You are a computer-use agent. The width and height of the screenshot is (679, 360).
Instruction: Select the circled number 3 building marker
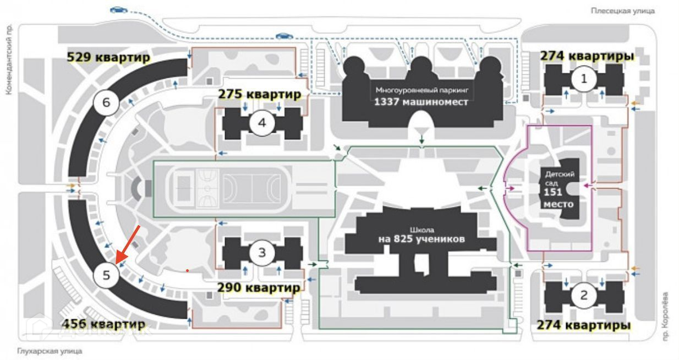click(x=262, y=253)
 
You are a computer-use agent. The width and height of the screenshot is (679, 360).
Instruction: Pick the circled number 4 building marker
click(x=262, y=123)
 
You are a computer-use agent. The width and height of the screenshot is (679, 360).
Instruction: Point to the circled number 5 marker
click(x=107, y=275)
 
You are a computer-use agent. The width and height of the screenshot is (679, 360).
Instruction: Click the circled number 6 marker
click(x=106, y=102)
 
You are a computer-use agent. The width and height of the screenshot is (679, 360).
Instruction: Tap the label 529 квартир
click(x=108, y=57)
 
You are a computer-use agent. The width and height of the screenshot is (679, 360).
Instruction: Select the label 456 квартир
click(x=104, y=324)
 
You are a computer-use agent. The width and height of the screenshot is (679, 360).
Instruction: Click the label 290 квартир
click(x=259, y=287)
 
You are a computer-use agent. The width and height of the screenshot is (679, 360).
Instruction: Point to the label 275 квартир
click(x=260, y=94)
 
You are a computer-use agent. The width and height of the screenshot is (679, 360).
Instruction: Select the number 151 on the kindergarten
click(x=553, y=193)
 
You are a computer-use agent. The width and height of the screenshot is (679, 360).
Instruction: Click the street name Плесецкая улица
click(x=622, y=10)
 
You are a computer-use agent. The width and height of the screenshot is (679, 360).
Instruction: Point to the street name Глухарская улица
click(x=50, y=350)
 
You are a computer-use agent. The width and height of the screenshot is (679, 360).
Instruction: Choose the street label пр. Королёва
click(x=667, y=317)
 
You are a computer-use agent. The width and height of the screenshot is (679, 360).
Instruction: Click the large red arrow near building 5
click(x=129, y=242)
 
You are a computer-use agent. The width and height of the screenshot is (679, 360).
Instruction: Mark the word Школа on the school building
click(x=421, y=230)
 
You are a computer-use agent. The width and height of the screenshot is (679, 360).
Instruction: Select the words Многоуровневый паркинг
click(x=421, y=90)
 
